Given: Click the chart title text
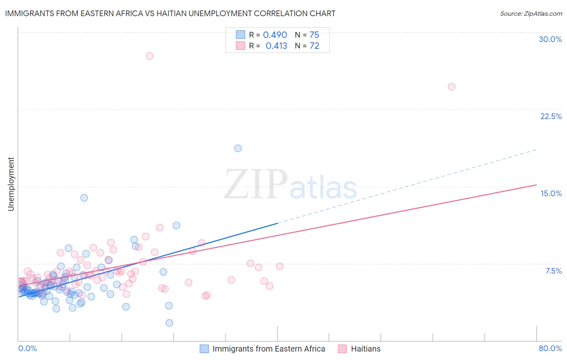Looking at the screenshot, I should pos(170,13).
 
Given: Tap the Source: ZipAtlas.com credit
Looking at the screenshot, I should pos(531,13).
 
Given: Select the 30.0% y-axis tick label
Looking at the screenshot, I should pos(550,39).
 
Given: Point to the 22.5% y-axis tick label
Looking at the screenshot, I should pos(551,116).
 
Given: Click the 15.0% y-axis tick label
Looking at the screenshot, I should pos(551,193).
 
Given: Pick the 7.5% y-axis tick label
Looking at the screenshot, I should pos(553,271).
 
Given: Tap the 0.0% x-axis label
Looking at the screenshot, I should pos(27,348).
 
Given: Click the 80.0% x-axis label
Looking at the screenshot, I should pos(550,348).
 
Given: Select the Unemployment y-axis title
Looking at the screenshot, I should pos(11,184).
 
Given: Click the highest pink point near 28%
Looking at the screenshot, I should pos(150,56).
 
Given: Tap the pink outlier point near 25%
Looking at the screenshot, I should pos(452,87).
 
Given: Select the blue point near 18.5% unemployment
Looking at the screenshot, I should pos(238,148).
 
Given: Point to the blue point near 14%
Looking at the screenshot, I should pos(84,198).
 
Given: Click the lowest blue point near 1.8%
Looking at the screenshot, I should pos(169,323).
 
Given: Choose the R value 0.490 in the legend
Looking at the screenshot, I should pos(275,35).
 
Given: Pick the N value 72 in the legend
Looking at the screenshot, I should pos(314,46).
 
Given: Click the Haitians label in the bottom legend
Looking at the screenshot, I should pos(365,349).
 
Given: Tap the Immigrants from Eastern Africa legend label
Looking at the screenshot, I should pos(269,349).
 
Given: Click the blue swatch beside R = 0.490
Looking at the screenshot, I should pos(240,35).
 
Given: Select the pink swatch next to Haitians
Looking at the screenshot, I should pos(342,349).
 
